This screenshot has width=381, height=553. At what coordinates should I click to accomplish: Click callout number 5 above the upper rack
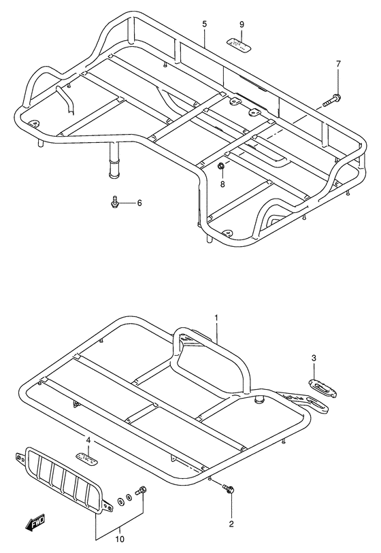(x=204, y=24)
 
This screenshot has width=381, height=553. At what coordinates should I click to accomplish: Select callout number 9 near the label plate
(x=241, y=25)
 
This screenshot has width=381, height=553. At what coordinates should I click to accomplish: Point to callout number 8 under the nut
(x=222, y=183)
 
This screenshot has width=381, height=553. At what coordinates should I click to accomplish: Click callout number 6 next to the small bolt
(x=139, y=203)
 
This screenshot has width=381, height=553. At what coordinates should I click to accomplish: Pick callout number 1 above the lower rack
(x=216, y=318)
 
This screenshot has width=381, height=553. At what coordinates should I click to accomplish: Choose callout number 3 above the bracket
(x=314, y=358)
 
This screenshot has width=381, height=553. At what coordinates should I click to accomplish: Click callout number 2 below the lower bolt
(x=231, y=524)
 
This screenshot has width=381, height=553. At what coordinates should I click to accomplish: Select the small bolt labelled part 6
(x=116, y=201)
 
